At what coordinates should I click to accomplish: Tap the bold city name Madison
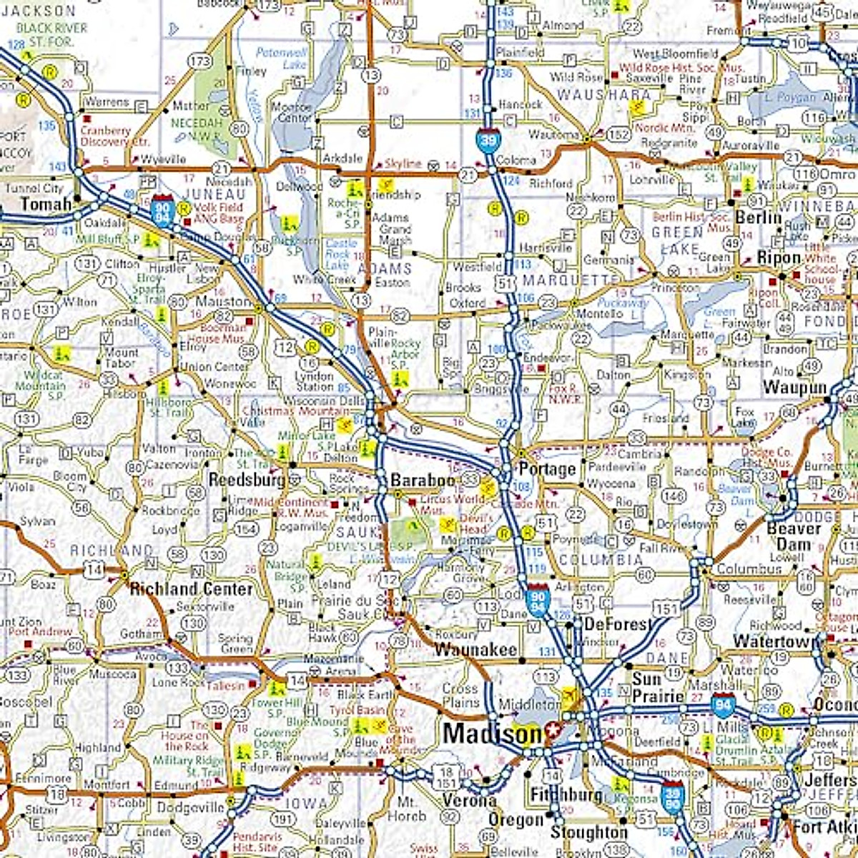[x=492, y=734]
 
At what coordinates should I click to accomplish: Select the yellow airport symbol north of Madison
[x=569, y=695]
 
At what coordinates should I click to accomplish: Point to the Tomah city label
[x=46, y=204]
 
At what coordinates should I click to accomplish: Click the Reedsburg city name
[x=247, y=480]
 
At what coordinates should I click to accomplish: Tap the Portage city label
[x=547, y=470]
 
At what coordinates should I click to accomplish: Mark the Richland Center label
[x=191, y=589]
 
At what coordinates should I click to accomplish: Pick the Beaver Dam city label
[x=794, y=536]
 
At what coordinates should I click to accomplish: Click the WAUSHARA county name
[x=604, y=94]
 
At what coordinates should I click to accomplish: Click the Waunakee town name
[x=475, y=650]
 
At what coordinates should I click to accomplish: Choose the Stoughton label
[x=588, y=833]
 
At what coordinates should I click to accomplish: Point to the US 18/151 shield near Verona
[x=448, y=778]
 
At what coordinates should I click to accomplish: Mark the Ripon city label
[x=779, y=257]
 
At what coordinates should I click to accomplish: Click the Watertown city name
[x=775, y=641]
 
